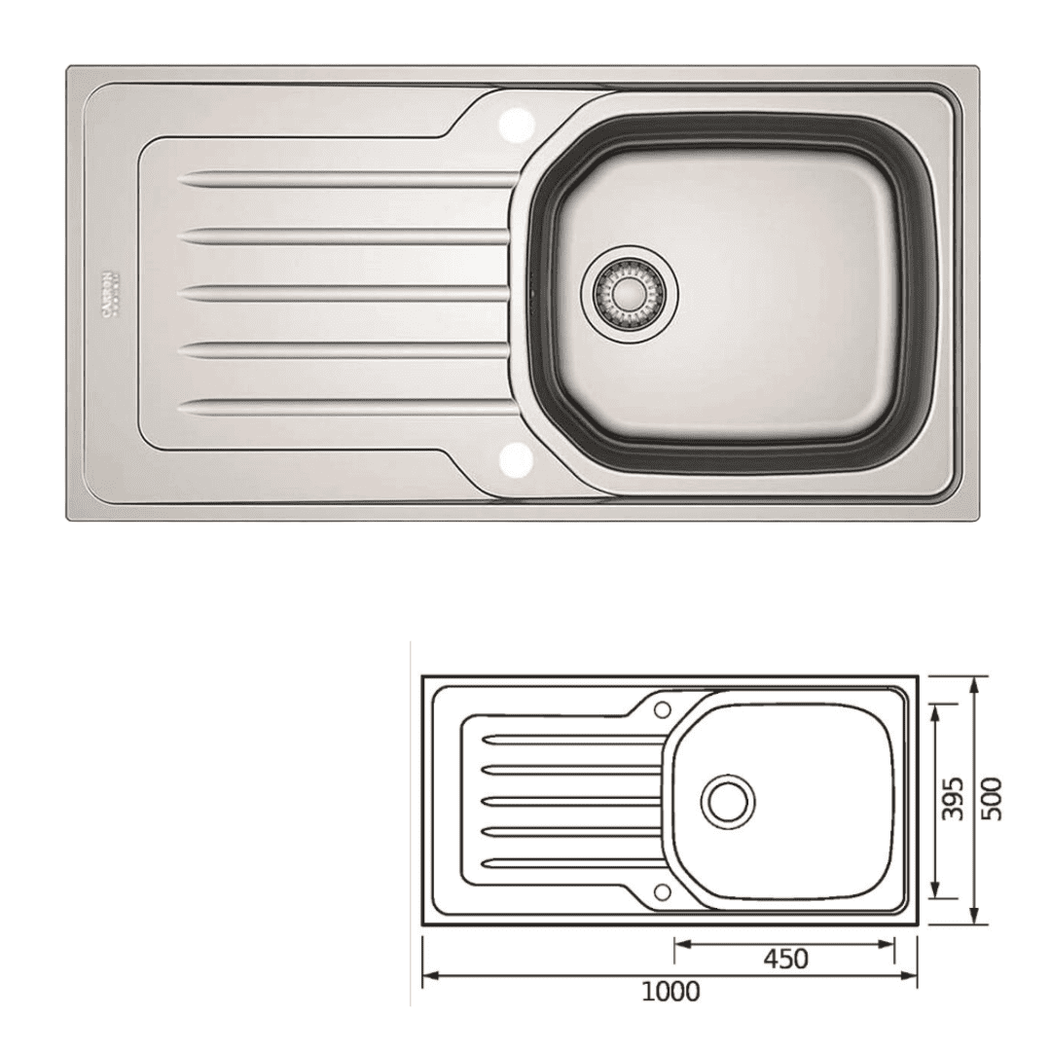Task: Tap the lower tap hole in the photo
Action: [516, 457]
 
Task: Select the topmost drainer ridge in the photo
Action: [345, 180]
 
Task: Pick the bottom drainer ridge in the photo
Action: [345, 406]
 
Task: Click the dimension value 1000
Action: [670, 992]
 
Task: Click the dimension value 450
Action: [785, 959]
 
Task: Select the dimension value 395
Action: [957, 799]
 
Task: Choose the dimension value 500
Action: [992, 799]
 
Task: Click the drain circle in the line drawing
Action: [727, 800]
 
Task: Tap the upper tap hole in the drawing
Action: [663, 709]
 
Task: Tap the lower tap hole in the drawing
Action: [663, 890]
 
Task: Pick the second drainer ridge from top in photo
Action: [345, 236]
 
